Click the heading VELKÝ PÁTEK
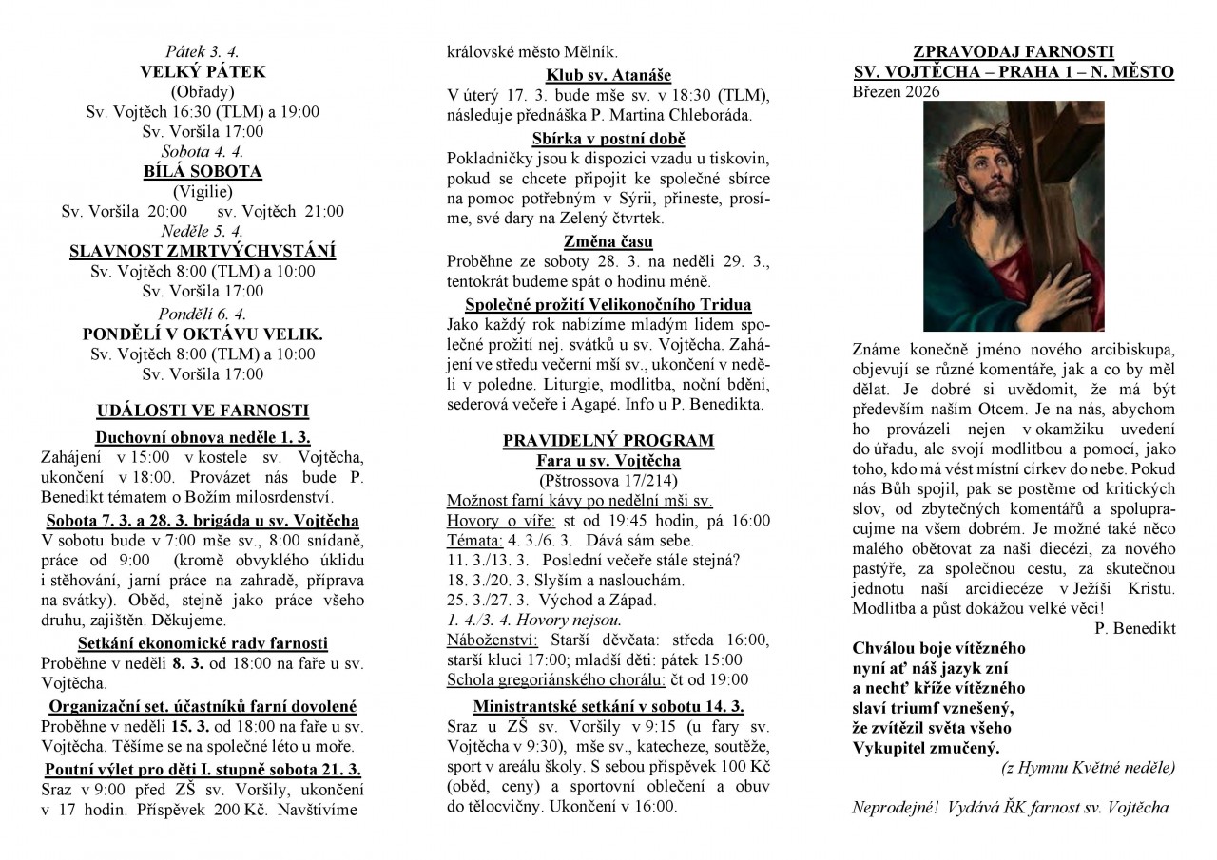coord(203,71)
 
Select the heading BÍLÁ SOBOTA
coord(203,172)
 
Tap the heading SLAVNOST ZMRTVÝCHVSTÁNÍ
coord(203,252)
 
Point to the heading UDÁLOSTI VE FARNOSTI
coord(203,411)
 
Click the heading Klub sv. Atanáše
coord(608,75)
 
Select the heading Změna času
coord(608,241)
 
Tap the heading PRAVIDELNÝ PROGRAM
coord(608,441)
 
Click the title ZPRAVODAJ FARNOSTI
coord(1013,51)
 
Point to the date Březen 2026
coord(896,92)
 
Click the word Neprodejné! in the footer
coord(895,808)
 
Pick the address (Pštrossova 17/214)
coord(608,481)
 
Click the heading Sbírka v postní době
coord(608,139)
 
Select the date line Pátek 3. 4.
coord(203,51)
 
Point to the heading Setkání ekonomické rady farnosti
coord(203,643)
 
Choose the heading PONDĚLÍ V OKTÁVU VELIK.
coord(203,334)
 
